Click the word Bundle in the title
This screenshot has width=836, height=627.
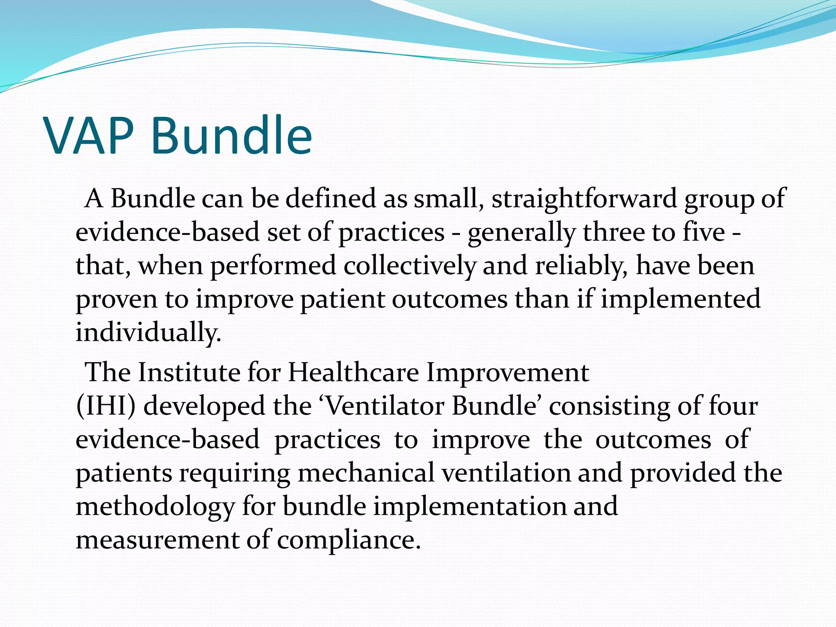click(231, 136)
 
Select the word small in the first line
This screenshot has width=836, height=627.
click(445, 199)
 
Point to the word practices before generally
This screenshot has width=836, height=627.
click(391, 233)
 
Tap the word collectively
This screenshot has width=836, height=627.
click(409, 266)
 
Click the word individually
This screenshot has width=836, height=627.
click(149, 333)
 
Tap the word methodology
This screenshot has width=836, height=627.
click(155, 507)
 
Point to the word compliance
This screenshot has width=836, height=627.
click(349, 540)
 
